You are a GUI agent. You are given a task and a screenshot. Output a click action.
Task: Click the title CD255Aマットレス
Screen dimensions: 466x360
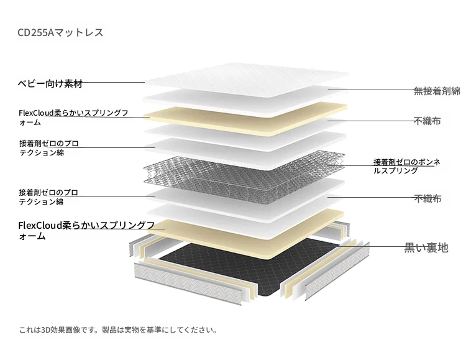click(x=60, y=32)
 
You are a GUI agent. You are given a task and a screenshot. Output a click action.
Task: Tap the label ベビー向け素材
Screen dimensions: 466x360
click(x=50, y=83)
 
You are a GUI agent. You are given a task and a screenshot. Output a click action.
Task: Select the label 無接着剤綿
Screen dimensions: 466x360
click(x=437, y=91)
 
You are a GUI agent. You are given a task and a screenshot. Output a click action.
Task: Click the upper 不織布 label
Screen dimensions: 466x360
click(x=427, y=121)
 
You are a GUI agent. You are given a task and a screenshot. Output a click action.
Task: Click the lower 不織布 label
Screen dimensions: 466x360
click(x=427, y=198)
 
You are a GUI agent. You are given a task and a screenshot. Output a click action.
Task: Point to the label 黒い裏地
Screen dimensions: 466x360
click(x=426, y=247)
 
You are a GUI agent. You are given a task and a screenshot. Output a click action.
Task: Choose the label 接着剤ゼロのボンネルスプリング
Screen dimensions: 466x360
click(x=406, y=166)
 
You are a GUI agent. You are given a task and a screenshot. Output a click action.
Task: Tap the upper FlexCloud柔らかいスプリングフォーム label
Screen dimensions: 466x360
click(x=73, y=118)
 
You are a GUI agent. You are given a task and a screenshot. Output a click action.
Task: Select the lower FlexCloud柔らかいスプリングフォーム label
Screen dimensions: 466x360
click(x=86, y=231)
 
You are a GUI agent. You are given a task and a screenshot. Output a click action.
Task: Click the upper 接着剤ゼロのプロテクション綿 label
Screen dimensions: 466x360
click(x=49, y=148)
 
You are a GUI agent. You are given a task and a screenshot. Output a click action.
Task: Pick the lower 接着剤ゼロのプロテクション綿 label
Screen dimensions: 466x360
click(x=48, y=197)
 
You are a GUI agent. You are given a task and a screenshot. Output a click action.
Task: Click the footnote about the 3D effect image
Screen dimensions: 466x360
click(x=118, y=330)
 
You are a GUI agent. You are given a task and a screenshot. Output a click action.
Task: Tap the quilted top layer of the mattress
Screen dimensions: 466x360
click(x=247, y=80)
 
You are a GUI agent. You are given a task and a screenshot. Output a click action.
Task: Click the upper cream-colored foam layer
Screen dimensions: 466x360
click(x=245, y=119)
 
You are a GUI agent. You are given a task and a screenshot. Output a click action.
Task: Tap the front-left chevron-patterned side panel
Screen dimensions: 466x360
click(x=188, y=284)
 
